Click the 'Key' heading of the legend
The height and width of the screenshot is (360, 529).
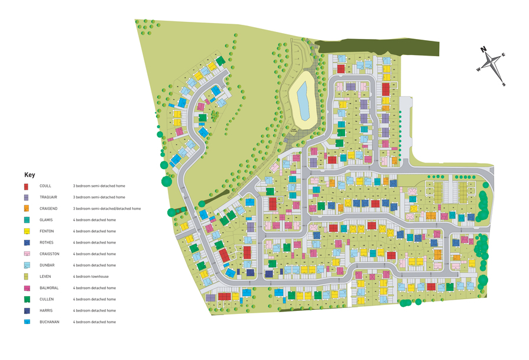(x=30, y=175)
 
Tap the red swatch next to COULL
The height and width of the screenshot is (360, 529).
(x=27, y=186)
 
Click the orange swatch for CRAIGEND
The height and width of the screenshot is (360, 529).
(x=27, y=209)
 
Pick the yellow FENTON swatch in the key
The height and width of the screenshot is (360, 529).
(x=27, y=231)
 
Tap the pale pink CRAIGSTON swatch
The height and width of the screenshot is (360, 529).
(x=27, y=254)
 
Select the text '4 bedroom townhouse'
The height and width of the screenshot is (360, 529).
(x=91, y=277)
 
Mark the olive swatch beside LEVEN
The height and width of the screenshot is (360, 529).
(x=27, y=277)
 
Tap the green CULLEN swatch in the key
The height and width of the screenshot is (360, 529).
(x=27, y=299)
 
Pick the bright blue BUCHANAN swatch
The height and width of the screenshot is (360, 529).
(x=27, y=322)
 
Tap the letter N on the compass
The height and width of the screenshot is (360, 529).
(x=483, y=50)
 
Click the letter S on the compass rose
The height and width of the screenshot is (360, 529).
(x=504, y=85)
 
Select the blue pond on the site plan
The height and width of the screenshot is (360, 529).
(x=301, y=99)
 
